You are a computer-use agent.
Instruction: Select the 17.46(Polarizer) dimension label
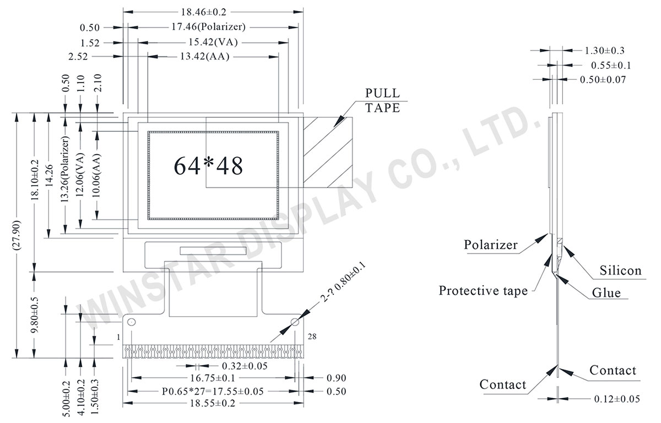click(208, 26)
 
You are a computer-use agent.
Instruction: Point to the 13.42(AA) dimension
click(204, 57)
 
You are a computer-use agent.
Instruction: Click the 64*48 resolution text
click(208, 165)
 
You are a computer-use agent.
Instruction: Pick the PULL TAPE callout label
click(382, 100)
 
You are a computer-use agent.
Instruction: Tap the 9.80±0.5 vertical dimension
click(34, 313)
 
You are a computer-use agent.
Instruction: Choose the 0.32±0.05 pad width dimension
click(245, 366)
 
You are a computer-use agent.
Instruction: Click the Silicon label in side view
click(620, 270)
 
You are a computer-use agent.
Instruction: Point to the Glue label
click(606, 293)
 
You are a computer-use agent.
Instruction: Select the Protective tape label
click(483, 290)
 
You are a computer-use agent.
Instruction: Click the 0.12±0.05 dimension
click(617, 399)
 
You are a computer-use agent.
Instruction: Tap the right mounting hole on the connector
click(295, 321)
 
